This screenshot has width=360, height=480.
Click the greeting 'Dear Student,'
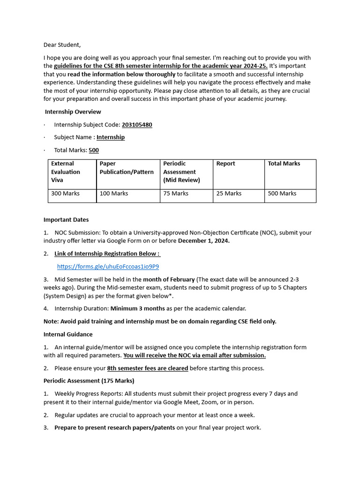[x=62, y=45]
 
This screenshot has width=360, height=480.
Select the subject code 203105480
[x=137, y=125]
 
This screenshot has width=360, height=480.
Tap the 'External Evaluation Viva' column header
[x=66, y=172]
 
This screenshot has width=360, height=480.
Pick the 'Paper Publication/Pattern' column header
[x=127, y=168]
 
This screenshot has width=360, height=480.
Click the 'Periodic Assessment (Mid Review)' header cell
[x=181, y=172]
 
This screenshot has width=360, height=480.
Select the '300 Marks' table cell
[x=65, y=193]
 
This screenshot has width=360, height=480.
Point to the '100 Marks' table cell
[x=114, y=193]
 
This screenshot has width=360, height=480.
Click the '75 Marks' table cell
[x=176, y=193]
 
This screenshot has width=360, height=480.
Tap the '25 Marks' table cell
[x=229, y=193]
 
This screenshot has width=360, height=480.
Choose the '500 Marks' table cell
[x=282, y=193]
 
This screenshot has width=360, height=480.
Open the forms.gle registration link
[x=108, y=267]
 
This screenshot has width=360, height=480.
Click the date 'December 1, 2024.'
[x=204, y=241]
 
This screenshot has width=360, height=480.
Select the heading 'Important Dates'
[x=66, y=219]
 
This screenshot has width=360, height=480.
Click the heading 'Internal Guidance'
[x=68, y=334]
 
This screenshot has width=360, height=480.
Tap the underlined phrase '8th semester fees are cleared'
[x=148, y=368]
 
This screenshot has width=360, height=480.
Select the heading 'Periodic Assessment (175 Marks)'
[x=89, y=381]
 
